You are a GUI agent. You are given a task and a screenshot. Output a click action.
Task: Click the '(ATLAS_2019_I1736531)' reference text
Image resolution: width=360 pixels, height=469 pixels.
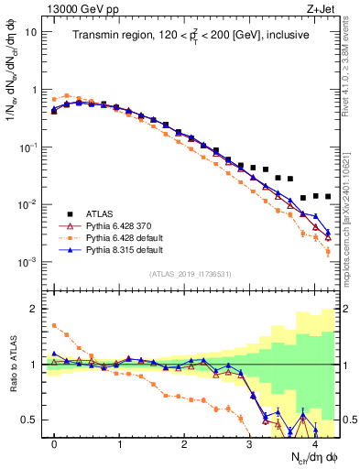(191, 274)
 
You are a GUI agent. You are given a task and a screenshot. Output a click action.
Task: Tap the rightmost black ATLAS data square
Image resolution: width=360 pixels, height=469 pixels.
(327, 196)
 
